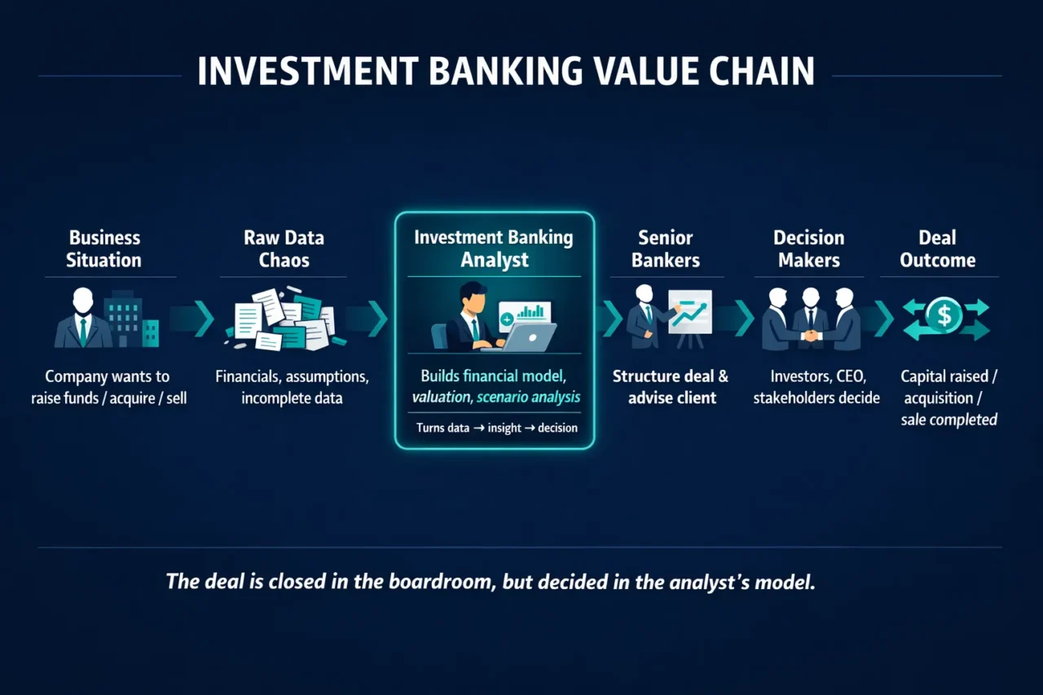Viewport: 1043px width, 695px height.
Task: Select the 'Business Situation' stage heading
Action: [x=104, y=249]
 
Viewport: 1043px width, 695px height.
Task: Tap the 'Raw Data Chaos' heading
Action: [x=284, y=249]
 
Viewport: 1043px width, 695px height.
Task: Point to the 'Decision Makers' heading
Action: [x=808, y=249]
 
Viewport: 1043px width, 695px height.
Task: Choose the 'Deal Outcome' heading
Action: [x=937, y=249]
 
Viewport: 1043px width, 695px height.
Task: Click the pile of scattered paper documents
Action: [x=284, y=319]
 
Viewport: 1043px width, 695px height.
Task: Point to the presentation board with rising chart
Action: [x=689, y=311]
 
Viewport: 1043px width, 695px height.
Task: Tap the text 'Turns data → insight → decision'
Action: [x=496, y=428]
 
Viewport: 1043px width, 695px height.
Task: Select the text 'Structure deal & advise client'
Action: [x=670, y=387]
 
